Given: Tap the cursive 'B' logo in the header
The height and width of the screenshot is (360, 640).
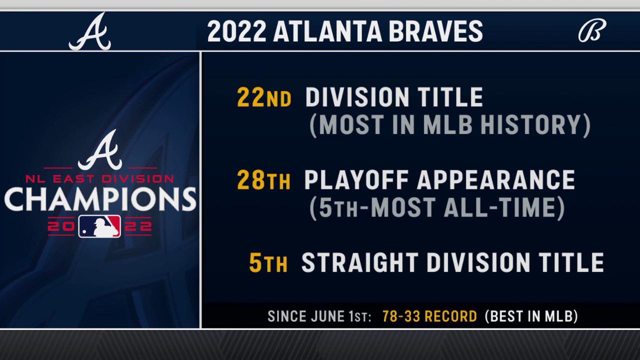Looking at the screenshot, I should point(592,31).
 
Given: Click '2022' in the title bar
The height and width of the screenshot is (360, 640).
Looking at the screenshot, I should point(236,31).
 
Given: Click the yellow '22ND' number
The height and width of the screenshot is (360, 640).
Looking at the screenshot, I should point(264,98).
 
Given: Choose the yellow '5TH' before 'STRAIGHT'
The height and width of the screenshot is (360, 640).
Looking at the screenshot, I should point(269,263).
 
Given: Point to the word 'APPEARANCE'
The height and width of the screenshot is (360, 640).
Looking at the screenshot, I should point(496,180).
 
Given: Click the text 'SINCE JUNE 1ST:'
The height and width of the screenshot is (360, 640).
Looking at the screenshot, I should point(319,316).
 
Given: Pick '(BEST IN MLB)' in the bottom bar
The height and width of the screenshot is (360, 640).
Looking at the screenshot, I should point(531,316).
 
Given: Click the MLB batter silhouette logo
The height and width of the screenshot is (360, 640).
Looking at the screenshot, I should point(99,226).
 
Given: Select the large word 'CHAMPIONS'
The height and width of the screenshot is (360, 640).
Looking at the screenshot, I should point(100,198).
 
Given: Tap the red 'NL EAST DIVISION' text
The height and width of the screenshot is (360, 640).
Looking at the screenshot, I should point(100,178).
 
